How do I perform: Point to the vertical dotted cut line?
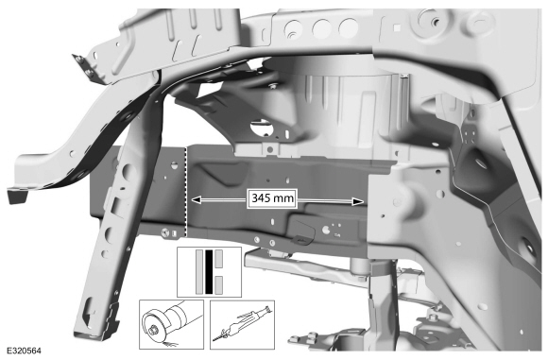click(187, 189)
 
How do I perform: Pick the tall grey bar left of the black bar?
click(194, 271)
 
